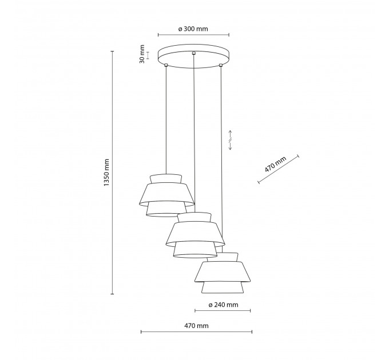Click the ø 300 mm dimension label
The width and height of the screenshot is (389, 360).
pos(193,29)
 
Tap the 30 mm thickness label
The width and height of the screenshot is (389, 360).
pos(142,54)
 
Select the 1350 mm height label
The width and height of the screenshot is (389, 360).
pos(106,173)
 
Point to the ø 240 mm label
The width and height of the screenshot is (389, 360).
pos(223,305)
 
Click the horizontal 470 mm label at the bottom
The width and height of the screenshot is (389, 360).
pos(196,326)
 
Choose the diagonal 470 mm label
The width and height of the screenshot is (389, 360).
pos(275,164)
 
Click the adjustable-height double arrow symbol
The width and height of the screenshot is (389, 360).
pos(230,140)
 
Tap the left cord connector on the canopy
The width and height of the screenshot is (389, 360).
pos(166,65)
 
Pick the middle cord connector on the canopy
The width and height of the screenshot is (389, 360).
pos(194,53)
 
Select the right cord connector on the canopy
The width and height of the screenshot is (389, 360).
pos(221,65)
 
